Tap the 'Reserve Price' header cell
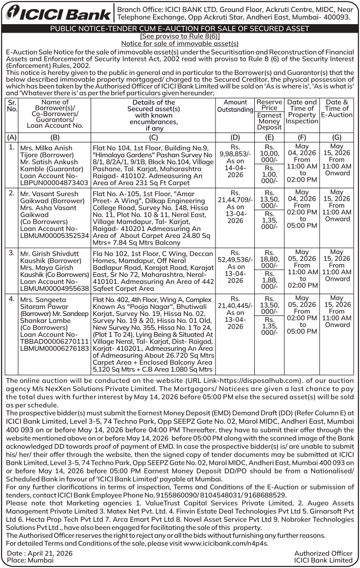tap(269, 105)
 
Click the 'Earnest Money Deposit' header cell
tap(269, 121)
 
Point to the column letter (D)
tap(235, 137)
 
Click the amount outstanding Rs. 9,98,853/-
tap(235, 153)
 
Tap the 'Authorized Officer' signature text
tap(323, 553)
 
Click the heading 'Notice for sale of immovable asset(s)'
tap(180, 44)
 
